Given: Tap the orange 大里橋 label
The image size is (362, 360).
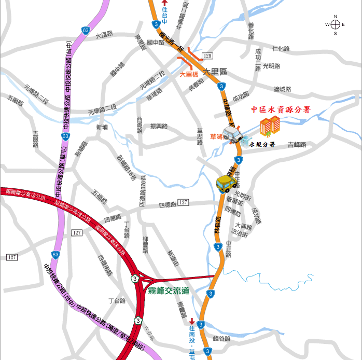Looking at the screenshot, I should click(189, 75).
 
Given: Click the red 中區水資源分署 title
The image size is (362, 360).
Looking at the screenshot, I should click(281, 109).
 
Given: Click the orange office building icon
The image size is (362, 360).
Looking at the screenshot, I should click(270, 126).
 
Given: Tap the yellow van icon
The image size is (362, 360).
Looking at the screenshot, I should click(227, 183).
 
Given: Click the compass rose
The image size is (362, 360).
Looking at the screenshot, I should click(335, 24).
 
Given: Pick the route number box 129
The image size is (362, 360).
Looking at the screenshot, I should click(207, 56).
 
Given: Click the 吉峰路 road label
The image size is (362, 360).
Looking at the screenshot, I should click(297, 145).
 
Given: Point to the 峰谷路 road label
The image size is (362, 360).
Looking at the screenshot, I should click(221, 339).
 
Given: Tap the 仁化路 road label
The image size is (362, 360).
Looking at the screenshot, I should click(281, 49).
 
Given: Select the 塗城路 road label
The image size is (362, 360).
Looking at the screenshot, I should click(283, 89).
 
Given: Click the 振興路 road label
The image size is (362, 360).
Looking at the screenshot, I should click(159, 126).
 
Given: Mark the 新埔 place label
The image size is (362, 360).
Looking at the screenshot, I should click(102, 127).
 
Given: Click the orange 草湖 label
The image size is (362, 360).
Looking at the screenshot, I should click(216, 136).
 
